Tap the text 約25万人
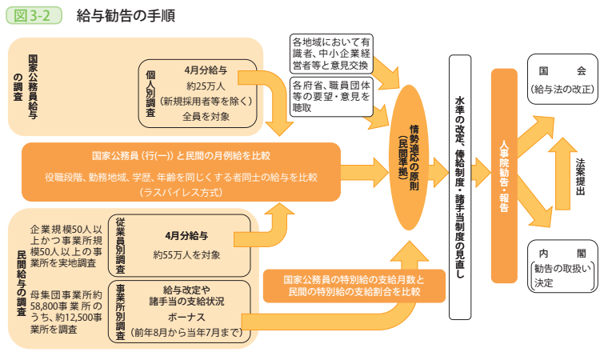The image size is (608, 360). point(206,86)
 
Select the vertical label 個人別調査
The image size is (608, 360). point(151,94)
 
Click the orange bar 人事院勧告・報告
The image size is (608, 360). point(503,175)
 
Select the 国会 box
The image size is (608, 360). point(562,79)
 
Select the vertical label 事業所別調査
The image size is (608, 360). point(120,311)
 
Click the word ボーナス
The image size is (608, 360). point(186,317)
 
